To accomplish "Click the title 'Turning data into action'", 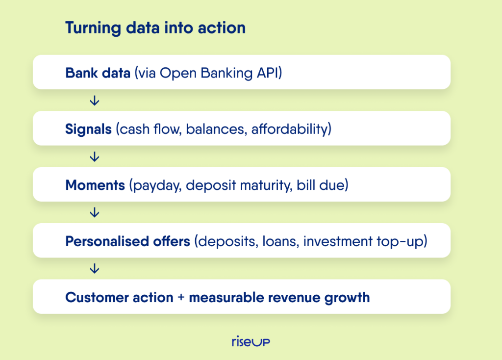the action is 155,27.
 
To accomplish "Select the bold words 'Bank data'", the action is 98,73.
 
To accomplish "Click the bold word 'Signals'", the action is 88,129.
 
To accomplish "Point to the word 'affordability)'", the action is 291,129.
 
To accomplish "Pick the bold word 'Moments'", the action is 95,185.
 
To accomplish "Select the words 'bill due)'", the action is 323,185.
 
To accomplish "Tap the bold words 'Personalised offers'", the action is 128,241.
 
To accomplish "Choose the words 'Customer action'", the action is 119,298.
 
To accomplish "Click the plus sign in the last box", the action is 181,298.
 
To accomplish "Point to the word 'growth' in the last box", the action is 347,298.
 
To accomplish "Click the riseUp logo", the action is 251,341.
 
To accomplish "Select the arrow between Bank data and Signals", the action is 95,101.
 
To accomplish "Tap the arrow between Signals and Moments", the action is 95,156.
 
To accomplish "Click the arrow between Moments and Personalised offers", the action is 95,212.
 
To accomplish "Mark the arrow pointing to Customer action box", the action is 95,268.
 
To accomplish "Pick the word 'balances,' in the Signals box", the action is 216,129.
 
